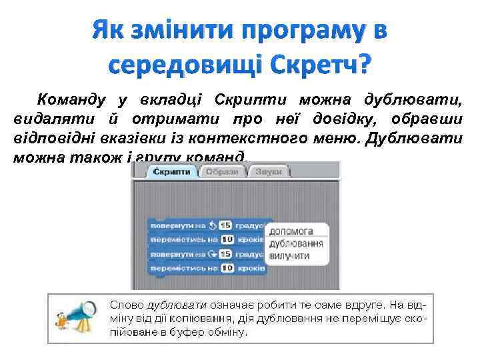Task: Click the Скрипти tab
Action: click(x=171, y=172)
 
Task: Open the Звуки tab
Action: click(x=267, y=172)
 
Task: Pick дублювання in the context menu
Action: click(x=295, y=243)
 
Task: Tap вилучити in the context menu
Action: click(x=289, y=255)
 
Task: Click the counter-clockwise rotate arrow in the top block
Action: click(x=212, y=225)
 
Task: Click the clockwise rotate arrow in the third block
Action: click(x=212, y=254)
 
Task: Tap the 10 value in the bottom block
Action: click(x=225, y=269)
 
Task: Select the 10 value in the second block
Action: click(x=225, y=239)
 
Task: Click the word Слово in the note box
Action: click(x=126, y=304)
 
